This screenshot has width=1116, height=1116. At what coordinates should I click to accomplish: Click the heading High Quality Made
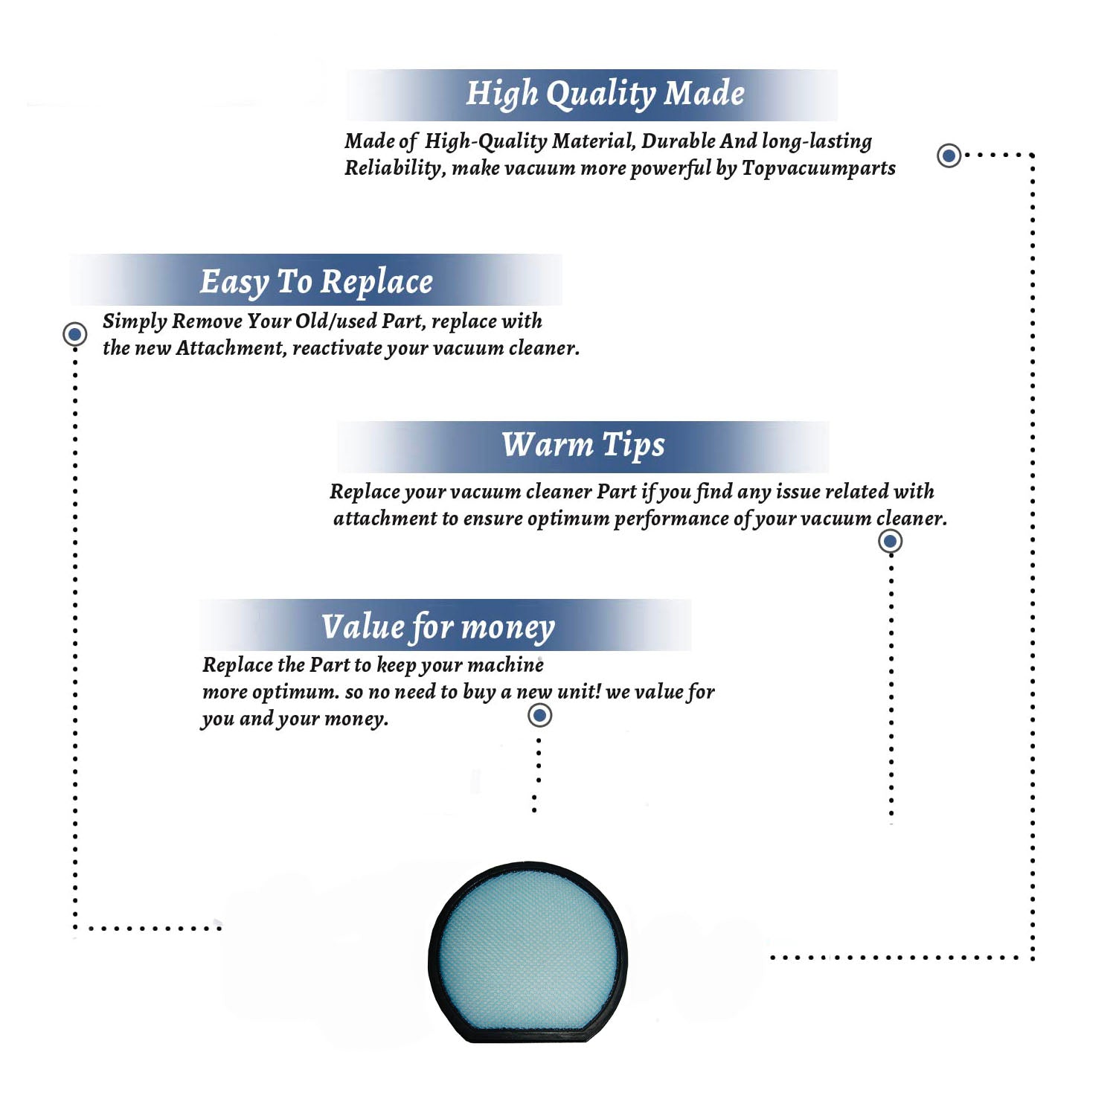pos(605,94)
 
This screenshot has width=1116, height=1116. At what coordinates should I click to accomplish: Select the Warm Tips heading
pos(583,446)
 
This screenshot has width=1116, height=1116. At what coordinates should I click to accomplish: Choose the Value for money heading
pos(438,627)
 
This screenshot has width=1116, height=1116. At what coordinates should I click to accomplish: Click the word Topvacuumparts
pos(818,169)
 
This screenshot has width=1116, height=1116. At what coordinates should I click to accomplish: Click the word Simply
pos(135,321)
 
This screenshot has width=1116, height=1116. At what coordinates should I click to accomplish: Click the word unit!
pos(579,691)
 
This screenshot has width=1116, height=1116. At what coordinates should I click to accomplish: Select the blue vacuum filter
pos(528,952)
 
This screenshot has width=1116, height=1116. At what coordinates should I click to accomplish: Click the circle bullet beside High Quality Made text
pos(949,155)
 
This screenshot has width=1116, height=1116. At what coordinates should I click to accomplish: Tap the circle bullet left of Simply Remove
pos(74,334)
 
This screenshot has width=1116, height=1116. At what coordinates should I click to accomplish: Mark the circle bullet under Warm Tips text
pos(890,541)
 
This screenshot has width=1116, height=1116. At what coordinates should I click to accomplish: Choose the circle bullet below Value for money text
pos(539,716)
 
